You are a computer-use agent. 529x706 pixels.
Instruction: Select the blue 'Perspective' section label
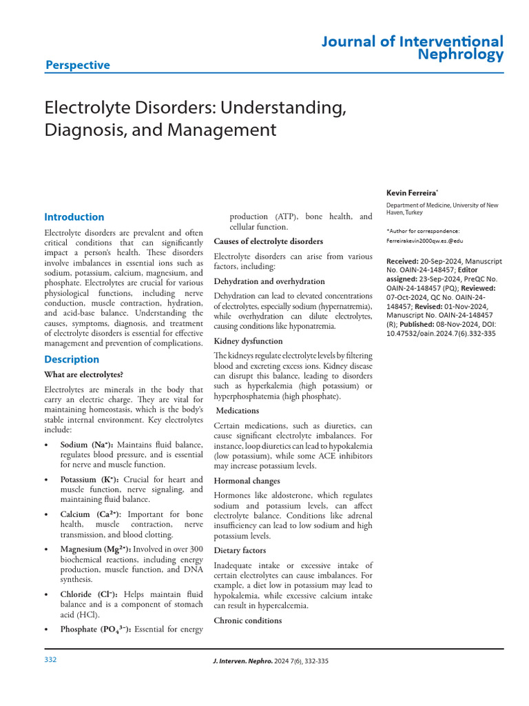77,65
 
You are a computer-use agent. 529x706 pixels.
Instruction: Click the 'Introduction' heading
74,216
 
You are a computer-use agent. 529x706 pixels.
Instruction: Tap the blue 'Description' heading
72,359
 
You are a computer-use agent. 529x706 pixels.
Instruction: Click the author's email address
424,241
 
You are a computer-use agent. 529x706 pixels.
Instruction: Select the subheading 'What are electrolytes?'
83,374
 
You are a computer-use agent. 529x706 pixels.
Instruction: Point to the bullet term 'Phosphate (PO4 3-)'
96,629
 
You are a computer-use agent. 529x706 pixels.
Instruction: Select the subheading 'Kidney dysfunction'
248,341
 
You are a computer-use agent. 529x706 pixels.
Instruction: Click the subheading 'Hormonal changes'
247,481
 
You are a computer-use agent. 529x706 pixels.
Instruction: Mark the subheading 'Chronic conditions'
248,621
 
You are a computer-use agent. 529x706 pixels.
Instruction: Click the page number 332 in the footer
50,660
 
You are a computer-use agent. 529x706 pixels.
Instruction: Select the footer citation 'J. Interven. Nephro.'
238,661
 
